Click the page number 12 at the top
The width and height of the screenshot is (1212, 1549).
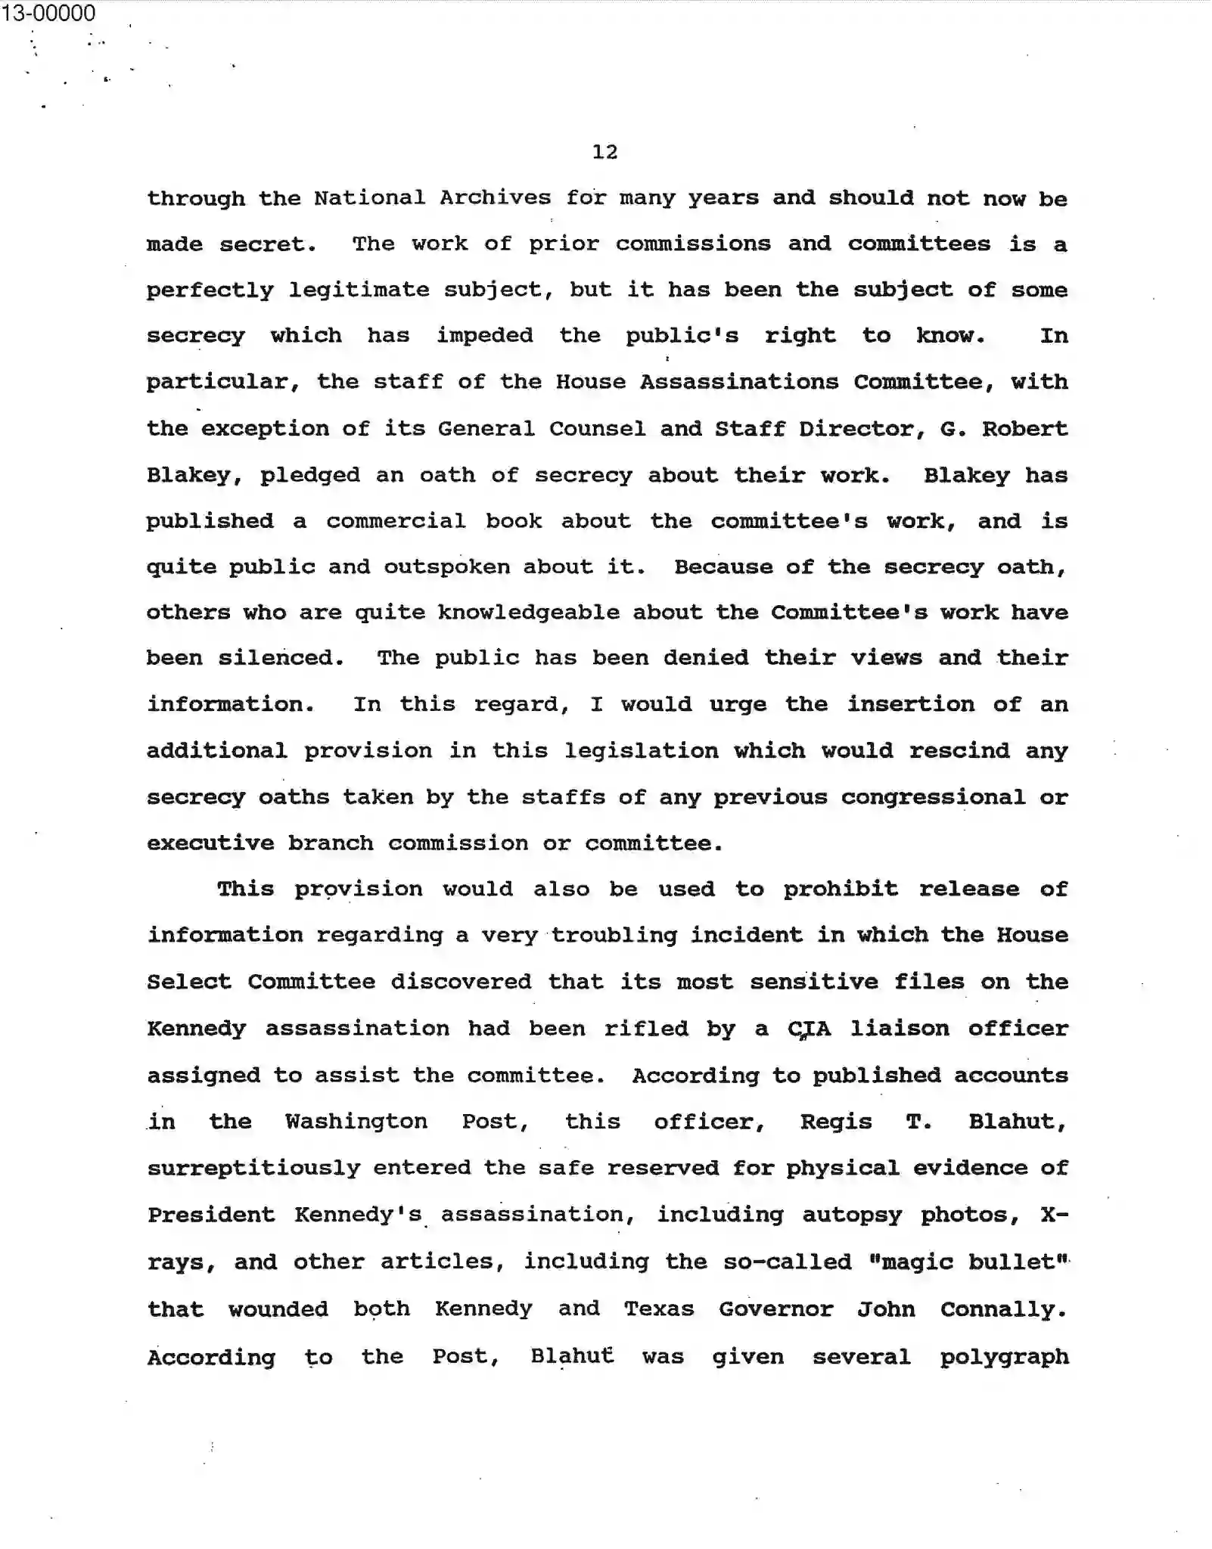pyautogui.click(x=604, y=152)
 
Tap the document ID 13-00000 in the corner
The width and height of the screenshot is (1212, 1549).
pyautogui.click(x=48, y=13)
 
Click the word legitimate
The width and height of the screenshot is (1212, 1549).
pyautogui.click(x=359, y=290)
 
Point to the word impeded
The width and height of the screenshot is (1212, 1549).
pyautogui.click(x=484, y=336)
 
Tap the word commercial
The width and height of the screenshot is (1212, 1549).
pyautogui.click(x=396, y=521)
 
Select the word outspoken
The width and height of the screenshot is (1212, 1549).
pyautogui.click(x=446, y=567)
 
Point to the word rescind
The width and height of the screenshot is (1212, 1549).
pyautogui.click(x=959, y=751)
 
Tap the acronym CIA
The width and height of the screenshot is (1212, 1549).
pyautogui.click(x=809, y=1029)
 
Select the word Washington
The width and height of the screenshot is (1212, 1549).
pyautogui.click(x=356, y=1122)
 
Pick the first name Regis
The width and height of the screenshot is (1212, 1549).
pyautogui.click(x=836, y=1122)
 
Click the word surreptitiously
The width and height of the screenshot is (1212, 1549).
pyautogui.click(x=253, y=1169)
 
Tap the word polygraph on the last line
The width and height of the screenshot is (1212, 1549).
pyautogui.click(x=1004, y=1357)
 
